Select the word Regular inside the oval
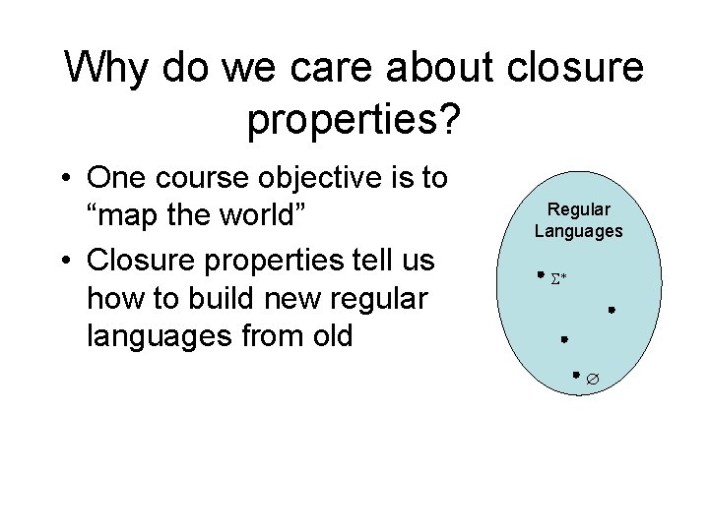click(579, 209)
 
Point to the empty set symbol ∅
click(594, 379)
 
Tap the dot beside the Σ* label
click(541, 275)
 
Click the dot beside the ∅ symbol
click(577, 375)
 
